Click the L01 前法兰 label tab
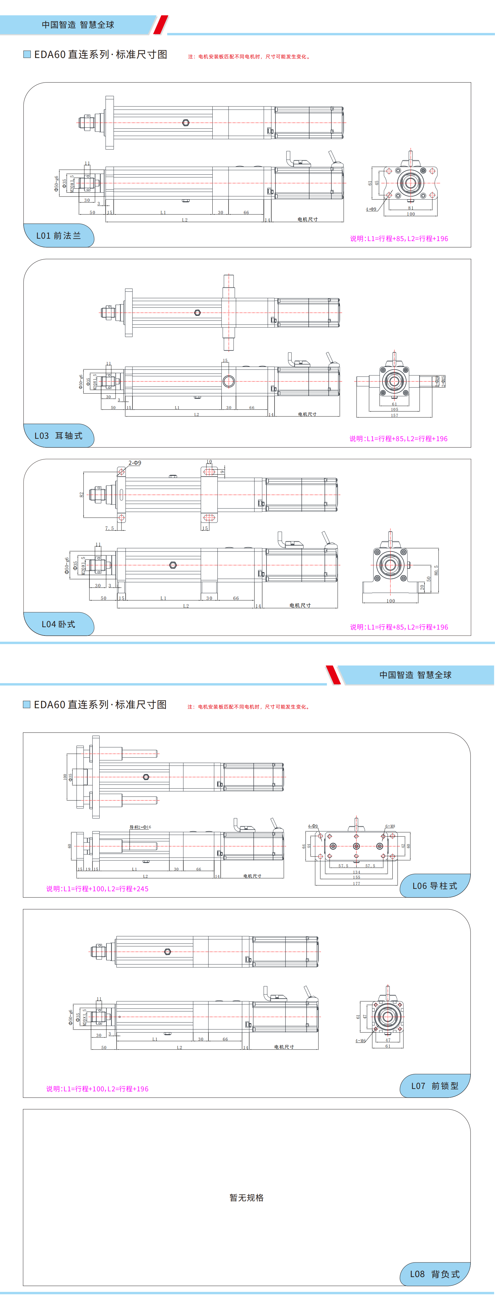[x=58, y=235]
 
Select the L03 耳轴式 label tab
[x=58, y=435]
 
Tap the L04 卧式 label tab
[x=58, y=624]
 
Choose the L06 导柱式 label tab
[x=435, y=885]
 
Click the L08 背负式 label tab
[x=435, y=1274]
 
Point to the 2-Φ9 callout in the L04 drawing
[x=135, y=463]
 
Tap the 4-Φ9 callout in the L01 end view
[x=371, y=209]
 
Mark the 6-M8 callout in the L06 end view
[x=390, y=826]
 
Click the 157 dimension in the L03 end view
[x=394, y=415]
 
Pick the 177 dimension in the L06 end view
[x=357, y=883]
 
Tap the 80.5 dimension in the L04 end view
[x=436, y=570]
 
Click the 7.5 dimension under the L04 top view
[x=109, y=528]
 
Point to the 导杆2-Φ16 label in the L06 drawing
[x=140, y=827]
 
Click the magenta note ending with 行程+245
[x=97, y=888]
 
